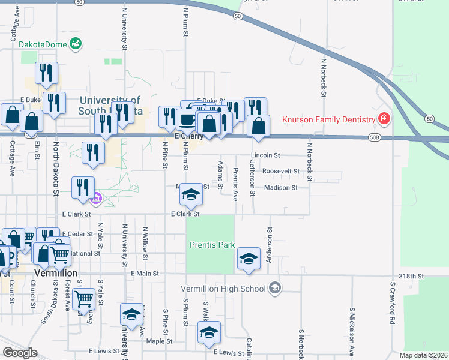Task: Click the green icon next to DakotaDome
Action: pos(76,43)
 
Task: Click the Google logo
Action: pos(20,353)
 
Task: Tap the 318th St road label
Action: pos(411,276)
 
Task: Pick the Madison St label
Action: pos(281,188)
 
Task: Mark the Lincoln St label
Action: pos(265,155)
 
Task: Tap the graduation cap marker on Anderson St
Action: pos(249,259)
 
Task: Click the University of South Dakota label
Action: pos(110,106)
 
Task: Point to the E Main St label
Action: pos(144,274)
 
